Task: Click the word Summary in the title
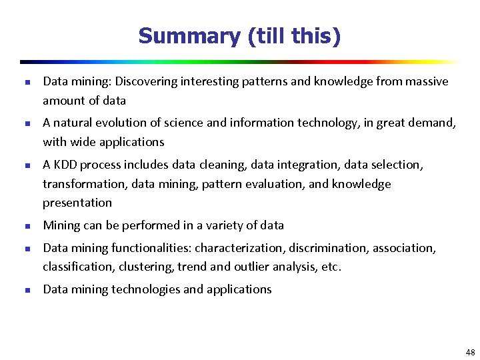click(189, 36)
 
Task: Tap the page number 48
click(471, 352)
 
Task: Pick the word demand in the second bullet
click(434, 123)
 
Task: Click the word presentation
click(77, 203)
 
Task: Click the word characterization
click(239, 248)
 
